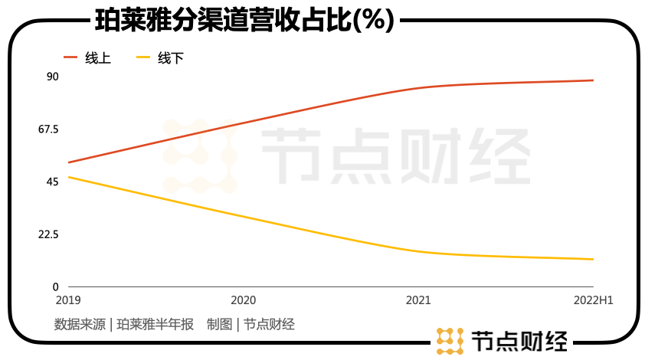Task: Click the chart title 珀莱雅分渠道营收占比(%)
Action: pyautogui.click(x=244, y=19)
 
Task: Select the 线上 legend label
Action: pyautogui.click(x=98, y=58)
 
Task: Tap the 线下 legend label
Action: pyautogui.click(x=171, y=58)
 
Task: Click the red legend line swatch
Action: pyautogui.click(x=70, y=57)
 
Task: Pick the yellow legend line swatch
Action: pyautogui.click(x=142, y=57)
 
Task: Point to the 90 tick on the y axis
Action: pyautogui.click(x=52, y=77)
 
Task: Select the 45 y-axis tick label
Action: pyautogui.click(x=52, y=182)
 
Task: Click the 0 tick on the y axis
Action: pyautogui.click(x=56, y=286)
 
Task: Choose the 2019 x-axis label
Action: pyautogui.click(x=68, y=300)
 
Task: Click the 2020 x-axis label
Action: pyautogui.click(x=243, y=300)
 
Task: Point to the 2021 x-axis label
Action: pyautogui.click(x=417, y=300)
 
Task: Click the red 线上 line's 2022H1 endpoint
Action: pyautogui.click(x=593, y=80)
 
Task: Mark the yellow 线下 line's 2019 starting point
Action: pyautogui.click(x=69, y=177)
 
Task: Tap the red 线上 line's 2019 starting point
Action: pyautogui.click(x=69, y=162)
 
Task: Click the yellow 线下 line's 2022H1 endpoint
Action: pyautogui.click(x=593, y=259)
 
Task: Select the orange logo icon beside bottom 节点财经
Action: pyautogui.click(x=450, y=341)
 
